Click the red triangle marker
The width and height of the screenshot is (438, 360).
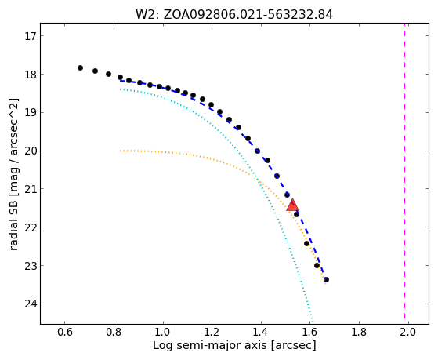coord(292,205)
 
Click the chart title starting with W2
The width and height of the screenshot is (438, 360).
coord(234,15)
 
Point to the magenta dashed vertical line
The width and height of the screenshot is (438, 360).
coord(404,173)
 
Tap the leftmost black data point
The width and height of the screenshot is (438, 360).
coord(80,67)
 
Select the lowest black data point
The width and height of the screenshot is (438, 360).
coord(326,279)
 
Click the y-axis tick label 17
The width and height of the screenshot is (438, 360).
coord(31,36)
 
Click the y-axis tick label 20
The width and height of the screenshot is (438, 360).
coord(31,151)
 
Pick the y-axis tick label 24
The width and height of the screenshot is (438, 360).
coord(31,304)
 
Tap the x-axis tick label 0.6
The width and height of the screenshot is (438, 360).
coord(65,333)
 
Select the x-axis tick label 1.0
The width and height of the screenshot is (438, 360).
coord(163,333)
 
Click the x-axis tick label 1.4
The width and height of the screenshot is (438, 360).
coord(261,333)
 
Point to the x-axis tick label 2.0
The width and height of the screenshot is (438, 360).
coord(408,333)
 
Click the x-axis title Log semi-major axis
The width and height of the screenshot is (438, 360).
coord(210,345)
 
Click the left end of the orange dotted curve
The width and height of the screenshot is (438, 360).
coord(120,151)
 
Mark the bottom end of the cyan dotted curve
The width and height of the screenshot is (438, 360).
coord(313,323)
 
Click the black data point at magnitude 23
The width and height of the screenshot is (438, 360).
coord(317,265)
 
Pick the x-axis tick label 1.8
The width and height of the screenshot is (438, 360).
coord(359,333)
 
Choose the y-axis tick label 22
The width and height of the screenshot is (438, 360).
coord(31,227)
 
